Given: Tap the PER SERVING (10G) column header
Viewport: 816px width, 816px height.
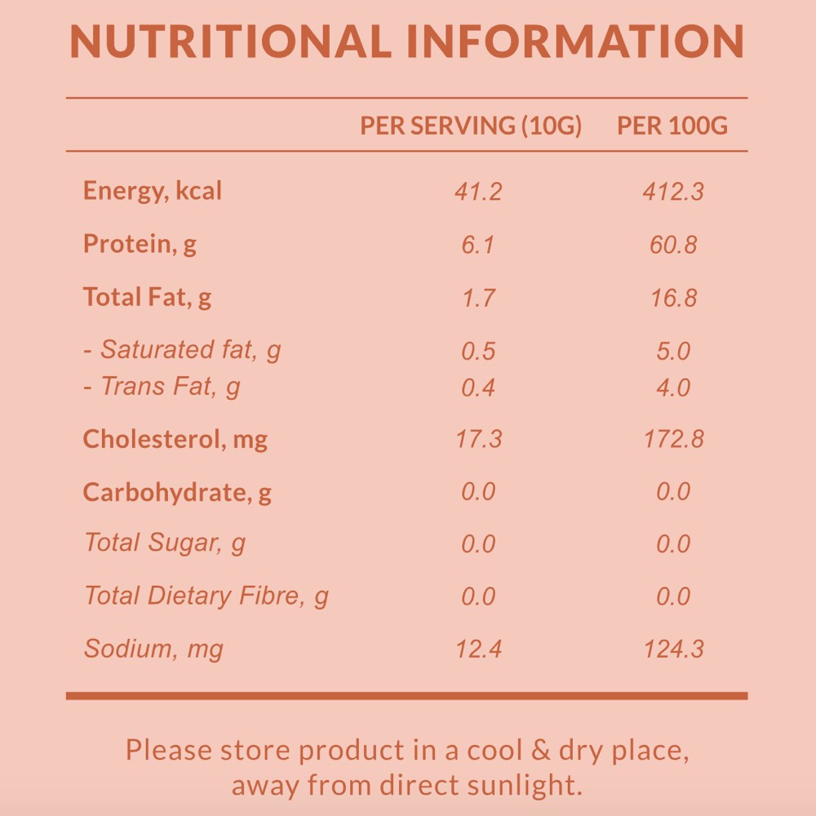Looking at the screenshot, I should click(x=471, y=126).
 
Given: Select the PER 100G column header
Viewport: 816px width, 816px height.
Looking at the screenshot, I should click(x=672, y=126).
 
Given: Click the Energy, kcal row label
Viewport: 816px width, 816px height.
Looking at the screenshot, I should click(x=153, y=191).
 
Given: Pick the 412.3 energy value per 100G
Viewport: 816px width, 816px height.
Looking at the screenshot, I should click(x=673, y=193).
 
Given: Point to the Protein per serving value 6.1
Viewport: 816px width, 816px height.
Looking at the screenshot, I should click(x=478, y=245).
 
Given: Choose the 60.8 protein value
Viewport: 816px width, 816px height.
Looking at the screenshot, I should click(x=673, y=245).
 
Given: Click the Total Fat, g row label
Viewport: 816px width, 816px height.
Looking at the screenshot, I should click(x=147, y=297).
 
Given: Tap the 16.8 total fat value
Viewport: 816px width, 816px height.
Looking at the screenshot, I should click(x=673, y=298).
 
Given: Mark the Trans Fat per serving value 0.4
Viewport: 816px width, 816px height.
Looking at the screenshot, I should click(x=478, y=388).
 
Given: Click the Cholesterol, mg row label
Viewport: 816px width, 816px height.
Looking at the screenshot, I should click(x=175, y=440).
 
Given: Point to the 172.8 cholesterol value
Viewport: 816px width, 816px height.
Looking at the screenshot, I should click(x=673, y=440).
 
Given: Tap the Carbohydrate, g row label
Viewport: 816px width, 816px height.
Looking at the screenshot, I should click(x=177, y=493).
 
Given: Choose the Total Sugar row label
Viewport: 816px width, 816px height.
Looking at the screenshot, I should click(x=165, y=543).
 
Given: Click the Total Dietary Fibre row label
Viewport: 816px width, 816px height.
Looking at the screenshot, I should click(x=206, y=596).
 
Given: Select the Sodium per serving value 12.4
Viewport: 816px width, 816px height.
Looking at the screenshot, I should click(x=478, y=650).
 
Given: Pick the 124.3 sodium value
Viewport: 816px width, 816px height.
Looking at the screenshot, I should click(x=673, y=650).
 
